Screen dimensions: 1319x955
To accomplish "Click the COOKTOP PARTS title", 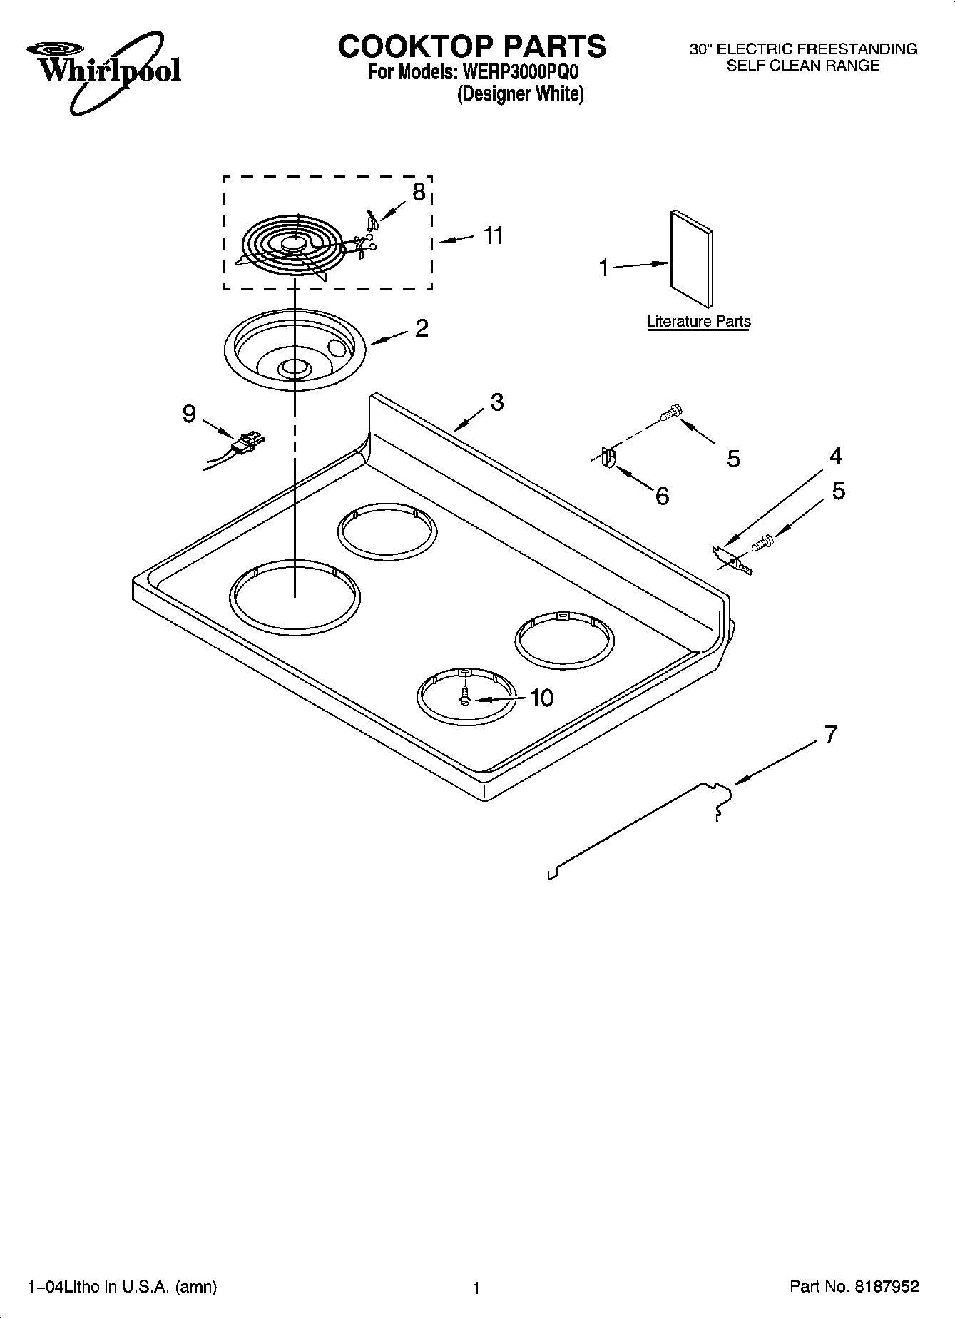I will pyautogui.click(x=472, y=46).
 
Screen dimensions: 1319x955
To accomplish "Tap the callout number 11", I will pyautogui.click(x=493, y=235).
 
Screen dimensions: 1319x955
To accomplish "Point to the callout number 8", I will pyautogui.click(x=419, y=191).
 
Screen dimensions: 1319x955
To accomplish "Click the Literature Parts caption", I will pyautogui.click(x=698, y=322).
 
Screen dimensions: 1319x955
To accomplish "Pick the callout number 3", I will pyautogui.click(x=497, y=402).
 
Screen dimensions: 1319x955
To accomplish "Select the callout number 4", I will pyautogui.click(x=836, y=456).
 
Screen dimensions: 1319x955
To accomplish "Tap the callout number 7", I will pyautogui.click(x=830, y=734).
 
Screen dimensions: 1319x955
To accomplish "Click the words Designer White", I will pyautogui.click(x=520, y=94).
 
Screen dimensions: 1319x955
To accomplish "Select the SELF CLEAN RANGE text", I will pyautogui.click(x=802, y=66).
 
